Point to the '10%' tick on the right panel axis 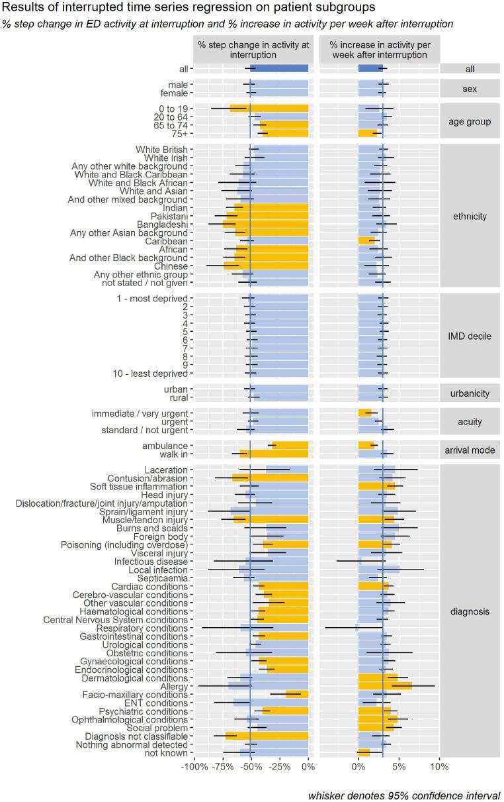tap(439, 767)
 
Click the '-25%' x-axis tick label tap(280, 767)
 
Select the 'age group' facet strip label tap(469, 121)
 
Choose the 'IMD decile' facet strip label tap(469, 336)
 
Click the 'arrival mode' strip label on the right tap(469, 450)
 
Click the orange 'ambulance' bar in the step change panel tap(290, 446)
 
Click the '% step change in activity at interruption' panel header tap(252, 49)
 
